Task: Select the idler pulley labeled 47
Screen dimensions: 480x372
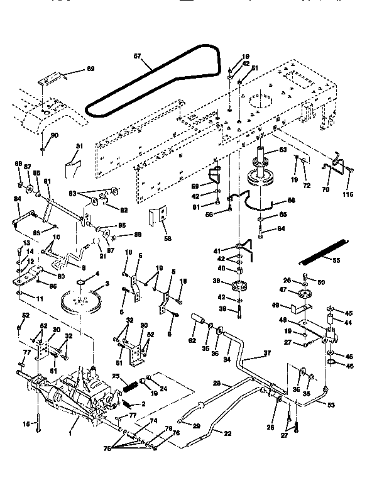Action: pyautogui.click(x=307, y=295)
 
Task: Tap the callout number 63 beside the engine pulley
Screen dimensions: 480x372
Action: pyautogui.click(x=282, y=150)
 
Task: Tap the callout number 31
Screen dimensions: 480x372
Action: pyautogui.click(x=79, y=146)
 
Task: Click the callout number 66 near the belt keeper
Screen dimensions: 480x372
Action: pyautogui.click(x=290, y=201)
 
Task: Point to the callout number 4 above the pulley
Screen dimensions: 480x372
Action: pyautogui.click(x=97, y=274)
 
